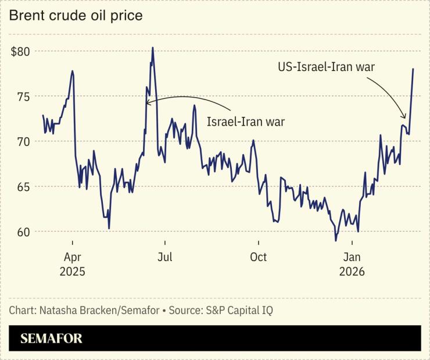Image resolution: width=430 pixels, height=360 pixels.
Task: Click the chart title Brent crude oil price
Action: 76,16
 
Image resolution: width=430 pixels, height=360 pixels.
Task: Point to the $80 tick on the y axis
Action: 20,51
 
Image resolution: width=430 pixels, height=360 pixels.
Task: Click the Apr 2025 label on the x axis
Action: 72,264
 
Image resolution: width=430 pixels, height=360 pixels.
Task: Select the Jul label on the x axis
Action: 165,256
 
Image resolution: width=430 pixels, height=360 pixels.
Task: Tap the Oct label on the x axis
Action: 258,256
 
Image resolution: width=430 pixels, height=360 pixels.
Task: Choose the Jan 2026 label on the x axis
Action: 351,264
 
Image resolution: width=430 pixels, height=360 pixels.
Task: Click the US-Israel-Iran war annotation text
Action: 326,67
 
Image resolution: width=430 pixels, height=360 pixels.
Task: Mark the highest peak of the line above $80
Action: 152,48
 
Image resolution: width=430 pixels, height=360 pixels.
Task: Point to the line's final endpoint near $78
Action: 413,69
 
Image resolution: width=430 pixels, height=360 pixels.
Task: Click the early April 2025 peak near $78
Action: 72,71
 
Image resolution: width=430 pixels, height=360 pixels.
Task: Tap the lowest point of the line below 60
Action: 335,240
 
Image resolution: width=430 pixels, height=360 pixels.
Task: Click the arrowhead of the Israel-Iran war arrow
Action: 148,104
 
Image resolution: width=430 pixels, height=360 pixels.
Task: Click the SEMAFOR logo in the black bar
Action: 51,338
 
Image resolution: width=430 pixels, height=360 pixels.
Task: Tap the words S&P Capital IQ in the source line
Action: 239,310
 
